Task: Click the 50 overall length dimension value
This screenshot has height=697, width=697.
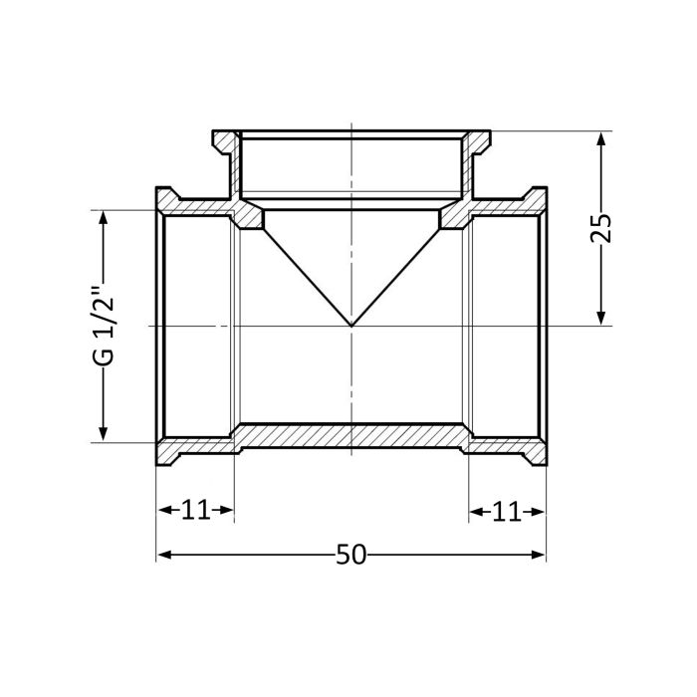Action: tap(350, 555)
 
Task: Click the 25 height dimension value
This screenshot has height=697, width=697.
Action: tap(600, 229)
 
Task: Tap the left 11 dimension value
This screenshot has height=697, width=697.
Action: tap(195, 511)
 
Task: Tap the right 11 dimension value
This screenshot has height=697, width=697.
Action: tap(507, 511)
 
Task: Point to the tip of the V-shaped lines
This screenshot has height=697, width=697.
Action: tap(351, 326)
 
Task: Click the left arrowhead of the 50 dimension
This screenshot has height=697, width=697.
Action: tap(163, 555)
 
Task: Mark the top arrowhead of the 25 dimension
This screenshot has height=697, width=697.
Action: tap(600, 139)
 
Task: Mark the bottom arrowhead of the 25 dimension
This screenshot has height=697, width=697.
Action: tap(600, 318)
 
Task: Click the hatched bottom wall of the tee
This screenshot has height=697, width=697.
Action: tap(351, 436)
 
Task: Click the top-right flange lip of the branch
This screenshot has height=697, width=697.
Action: tap(480, 138)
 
